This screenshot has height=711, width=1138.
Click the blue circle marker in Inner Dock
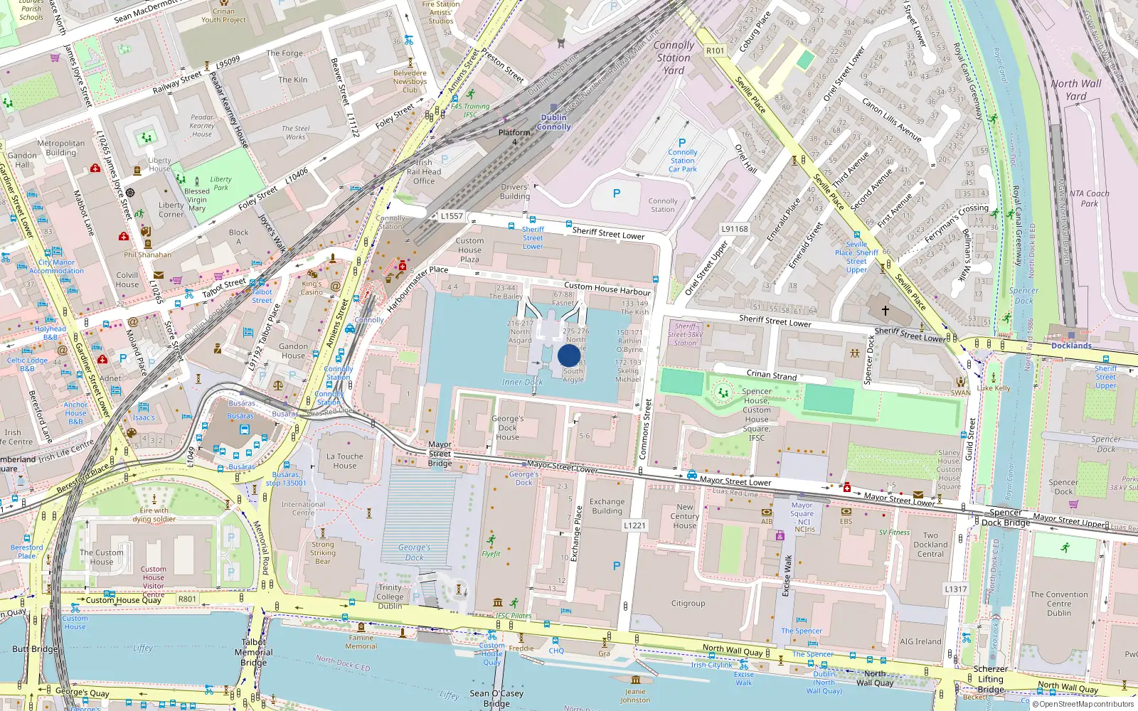(569, 355)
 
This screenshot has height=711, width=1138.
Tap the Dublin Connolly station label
(553, 122)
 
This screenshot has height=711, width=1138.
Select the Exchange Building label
(607, 506)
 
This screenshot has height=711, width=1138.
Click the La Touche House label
(345, 461)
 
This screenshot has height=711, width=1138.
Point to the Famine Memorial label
(361, 641)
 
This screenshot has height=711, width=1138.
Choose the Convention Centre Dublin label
(1058, 604)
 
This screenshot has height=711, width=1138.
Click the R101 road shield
(715, 50)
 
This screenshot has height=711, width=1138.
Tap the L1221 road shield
(634, 525)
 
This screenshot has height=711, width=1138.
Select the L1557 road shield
(452, 215)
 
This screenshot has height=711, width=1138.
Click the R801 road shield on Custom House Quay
(187, 599)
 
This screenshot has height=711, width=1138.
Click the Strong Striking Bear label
(323, 552)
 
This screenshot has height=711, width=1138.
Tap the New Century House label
(684, 516)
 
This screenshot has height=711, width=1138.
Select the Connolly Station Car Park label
(683, 161)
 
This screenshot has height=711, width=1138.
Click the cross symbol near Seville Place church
(886, 311)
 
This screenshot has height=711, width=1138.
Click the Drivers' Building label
(514, 191)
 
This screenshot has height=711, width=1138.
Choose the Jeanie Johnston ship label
(635, 695)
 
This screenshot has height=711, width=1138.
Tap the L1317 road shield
(956, 589)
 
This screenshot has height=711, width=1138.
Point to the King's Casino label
(312, 287)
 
